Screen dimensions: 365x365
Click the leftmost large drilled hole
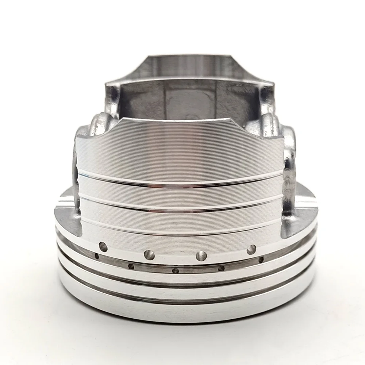tap(103, 247)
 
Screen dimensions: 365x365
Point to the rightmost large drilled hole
tap(251, 250)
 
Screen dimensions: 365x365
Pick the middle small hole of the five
tap(176, 271)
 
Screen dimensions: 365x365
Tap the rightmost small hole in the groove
tap(261, 260)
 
